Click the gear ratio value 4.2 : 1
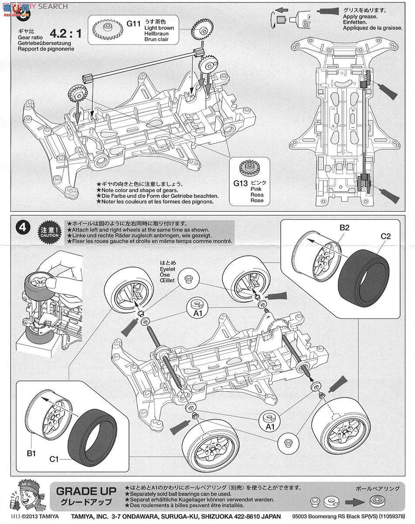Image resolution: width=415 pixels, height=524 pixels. point(66,33)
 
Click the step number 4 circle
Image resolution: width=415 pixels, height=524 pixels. point(23,228)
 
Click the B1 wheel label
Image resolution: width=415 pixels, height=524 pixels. point(31,453)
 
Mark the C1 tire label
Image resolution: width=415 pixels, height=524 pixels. point(54,459)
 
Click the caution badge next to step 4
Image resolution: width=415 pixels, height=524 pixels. point(50,231)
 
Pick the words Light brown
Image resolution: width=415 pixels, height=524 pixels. point(159,28)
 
